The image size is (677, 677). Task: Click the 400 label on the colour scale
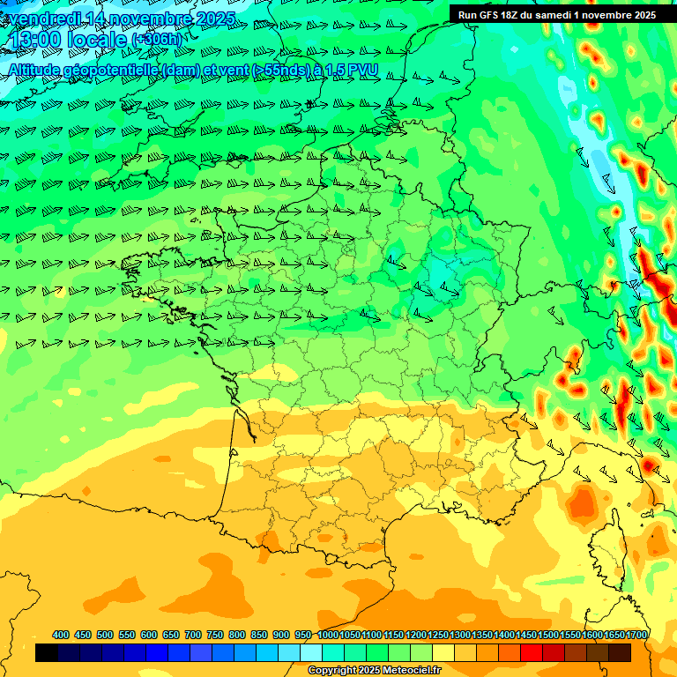61,635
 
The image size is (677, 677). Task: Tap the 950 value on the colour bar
303,635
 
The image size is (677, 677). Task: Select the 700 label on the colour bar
193,635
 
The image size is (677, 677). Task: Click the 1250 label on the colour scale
438,635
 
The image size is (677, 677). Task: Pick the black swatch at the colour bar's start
47,652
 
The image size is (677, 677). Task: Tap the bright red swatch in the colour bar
532,652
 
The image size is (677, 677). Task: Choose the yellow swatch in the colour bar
443,652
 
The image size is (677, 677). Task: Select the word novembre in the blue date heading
153,19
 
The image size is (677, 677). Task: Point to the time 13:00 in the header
36,41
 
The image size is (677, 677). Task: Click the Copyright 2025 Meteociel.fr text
374,670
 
